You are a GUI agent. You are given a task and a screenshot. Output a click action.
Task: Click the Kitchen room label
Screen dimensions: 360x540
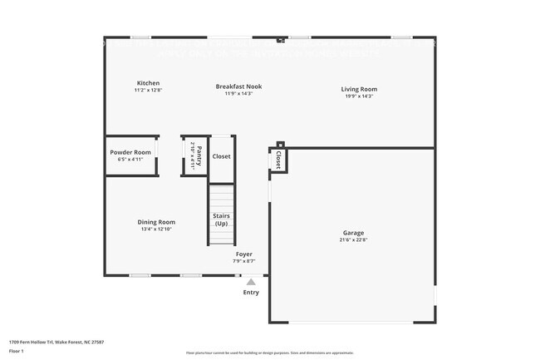click(148, 83)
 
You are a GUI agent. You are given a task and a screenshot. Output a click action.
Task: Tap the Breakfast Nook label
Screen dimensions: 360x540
click(238, 86)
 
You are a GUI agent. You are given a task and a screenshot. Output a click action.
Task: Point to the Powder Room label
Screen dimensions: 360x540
click(130, 152)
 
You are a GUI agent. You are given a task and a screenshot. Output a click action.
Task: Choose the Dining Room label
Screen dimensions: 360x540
click(156, 222)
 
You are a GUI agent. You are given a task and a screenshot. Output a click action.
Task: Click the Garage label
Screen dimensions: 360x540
click(353, 233)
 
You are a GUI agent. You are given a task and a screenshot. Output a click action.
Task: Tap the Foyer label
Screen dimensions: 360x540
click(243, 254)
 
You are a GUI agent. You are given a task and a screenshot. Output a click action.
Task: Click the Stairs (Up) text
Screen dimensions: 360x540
click(221, 220)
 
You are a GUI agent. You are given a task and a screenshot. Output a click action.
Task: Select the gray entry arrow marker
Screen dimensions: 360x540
click(251, 282)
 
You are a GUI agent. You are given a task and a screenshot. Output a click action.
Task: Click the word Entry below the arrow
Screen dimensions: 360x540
click(251, 293)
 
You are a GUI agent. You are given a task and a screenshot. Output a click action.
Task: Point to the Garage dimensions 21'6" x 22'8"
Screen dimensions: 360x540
click(353, 240)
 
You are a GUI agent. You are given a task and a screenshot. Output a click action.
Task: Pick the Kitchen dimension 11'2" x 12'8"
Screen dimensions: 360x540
click(148, 91)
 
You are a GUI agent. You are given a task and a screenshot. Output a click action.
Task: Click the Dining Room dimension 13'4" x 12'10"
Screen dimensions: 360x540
click(156, 229)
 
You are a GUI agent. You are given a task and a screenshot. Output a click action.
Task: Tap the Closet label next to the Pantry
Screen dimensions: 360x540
click(222, 156)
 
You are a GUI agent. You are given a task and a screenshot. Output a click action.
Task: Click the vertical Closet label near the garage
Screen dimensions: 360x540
click(278, 160)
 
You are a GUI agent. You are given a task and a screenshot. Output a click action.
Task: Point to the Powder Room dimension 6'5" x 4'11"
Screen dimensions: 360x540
click(130, 160)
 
